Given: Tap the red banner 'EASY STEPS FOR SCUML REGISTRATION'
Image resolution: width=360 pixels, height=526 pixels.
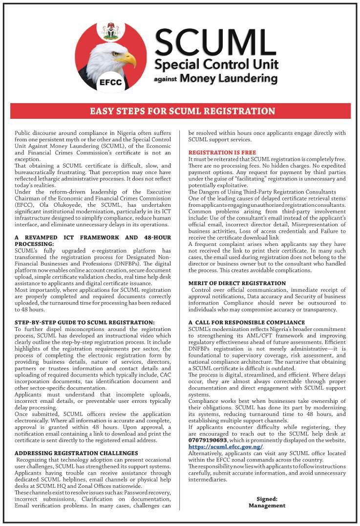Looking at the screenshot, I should pyautogui.click(x=182, y=111).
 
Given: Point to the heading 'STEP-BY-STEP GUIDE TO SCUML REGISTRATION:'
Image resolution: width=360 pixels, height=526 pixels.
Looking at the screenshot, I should pyautogui.click(x=85, y=322).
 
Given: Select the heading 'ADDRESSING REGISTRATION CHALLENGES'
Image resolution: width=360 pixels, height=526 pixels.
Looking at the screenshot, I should pyautogui.click(x=76, y=453).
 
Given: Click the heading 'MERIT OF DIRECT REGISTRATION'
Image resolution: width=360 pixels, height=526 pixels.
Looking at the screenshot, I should pyautogui.click(x=237, y=283).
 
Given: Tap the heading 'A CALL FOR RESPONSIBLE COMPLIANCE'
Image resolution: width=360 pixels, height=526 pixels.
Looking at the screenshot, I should pyautogui.click(x=247, y=322).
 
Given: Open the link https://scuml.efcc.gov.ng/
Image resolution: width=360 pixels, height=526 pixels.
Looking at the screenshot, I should pyautogui.click(x=225, y=447).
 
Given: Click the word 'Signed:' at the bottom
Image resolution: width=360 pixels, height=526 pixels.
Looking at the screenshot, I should pyautogui.click(x=267, y=499).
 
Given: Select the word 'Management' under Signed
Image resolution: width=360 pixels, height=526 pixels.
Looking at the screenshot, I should pyautogui.click(x=267, y=505).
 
